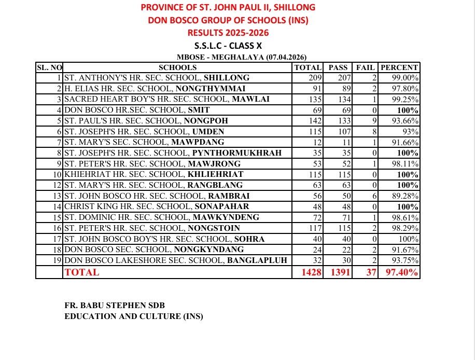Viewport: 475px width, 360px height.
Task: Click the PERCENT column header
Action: (x=399, y=67)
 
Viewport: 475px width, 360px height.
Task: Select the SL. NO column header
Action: (x=49, y=67)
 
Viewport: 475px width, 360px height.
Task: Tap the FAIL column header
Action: (x=365, y=67)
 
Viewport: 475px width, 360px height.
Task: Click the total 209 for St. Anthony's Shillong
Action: (x=315, y=78)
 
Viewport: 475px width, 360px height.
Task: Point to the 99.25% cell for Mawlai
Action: (x=405, y=100)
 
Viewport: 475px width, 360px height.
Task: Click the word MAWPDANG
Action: (x=198, y=142)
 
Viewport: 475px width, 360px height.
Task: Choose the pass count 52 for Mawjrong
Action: (x=345, y=164)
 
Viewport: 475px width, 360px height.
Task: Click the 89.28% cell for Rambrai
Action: (x=405, y=196)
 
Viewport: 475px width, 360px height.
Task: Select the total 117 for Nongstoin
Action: (x=315, y=228)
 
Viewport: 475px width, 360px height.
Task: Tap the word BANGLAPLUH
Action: (x=257, y=260)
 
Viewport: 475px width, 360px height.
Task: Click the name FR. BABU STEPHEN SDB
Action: (x=115, y=306)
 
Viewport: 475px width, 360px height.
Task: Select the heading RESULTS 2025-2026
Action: (x=228, y=33)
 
